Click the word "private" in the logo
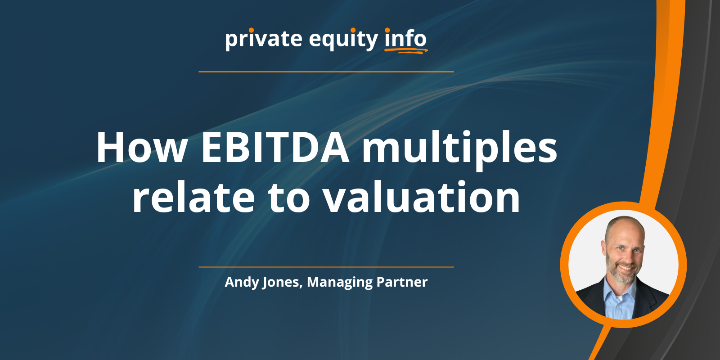click(x=263, y=39)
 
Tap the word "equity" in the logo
click(x=343, y=40)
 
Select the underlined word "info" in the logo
click(x=405, y=39)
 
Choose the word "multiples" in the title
click(x=459, y=148)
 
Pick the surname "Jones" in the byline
click(x=282, y=282)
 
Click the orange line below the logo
click(x=326, y=72)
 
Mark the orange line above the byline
click(x=326, y=267)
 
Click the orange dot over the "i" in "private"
click(x=251, y=30)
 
